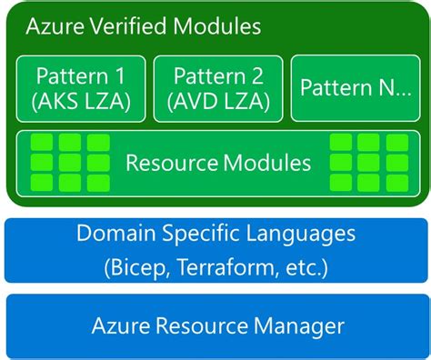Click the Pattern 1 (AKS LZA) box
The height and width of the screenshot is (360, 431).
click(82, 88)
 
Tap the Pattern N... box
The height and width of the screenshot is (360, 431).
click(355, 88)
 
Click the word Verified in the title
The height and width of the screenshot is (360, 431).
click(137, 26)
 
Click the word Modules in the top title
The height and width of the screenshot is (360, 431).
click(219, 26)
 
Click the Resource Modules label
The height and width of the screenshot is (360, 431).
click(218, 164)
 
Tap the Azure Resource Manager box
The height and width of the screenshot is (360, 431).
click(216, 325)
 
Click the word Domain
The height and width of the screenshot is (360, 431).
click(115, 235)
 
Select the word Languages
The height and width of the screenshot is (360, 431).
click(306, 235)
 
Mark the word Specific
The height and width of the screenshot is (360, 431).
click(205, 235)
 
